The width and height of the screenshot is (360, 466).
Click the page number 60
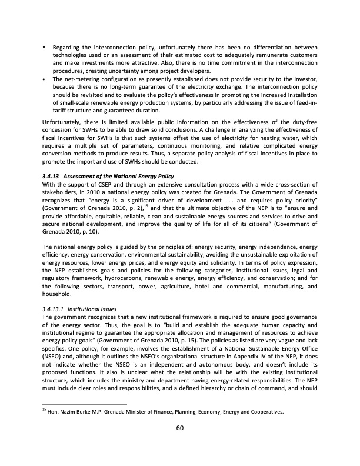point(180,428)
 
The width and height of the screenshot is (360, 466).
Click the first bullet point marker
point(45,47)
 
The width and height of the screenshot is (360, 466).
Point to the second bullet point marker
point(45,78)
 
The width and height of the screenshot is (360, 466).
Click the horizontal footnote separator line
point(85,404)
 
